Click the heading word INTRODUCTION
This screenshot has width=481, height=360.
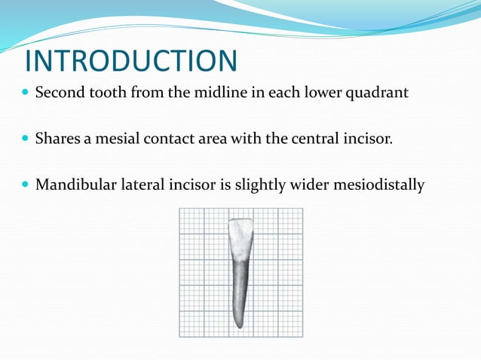click(131, 61)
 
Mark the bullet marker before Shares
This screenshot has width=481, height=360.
click(26, 139)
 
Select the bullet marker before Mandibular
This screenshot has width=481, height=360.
click(26, 184)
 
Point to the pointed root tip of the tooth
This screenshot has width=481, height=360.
click(238, 325)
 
